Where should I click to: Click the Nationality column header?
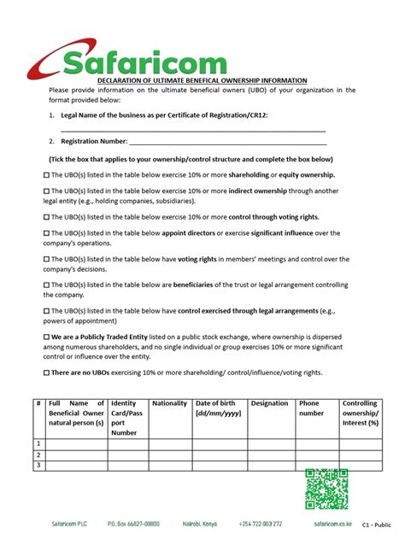coord(169,403)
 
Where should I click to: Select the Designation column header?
coord(270,403)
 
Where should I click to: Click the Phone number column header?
coord(311,408)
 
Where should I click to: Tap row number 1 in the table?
coord(38,443)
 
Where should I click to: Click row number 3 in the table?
coord(38,465)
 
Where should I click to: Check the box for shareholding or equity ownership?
coord(46,174)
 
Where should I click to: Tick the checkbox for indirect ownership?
coord(46,191)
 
